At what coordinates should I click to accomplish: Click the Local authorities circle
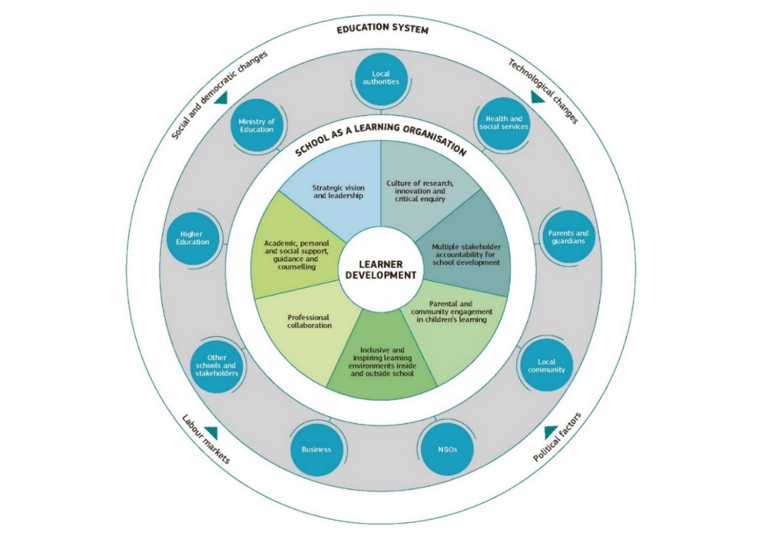381,78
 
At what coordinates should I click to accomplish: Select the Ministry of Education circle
256,125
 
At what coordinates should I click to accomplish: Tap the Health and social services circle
503,122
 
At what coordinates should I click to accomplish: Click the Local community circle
546,365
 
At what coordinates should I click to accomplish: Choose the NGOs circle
447,449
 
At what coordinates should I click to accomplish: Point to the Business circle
316,449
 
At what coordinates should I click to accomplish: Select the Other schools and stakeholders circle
217,365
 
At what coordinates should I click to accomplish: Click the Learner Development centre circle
381,270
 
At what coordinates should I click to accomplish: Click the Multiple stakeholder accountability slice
465,254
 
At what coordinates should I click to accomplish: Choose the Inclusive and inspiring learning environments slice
382,362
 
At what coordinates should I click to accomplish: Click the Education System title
381,30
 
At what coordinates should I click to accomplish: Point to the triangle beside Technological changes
538,97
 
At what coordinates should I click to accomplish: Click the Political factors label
557,437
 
